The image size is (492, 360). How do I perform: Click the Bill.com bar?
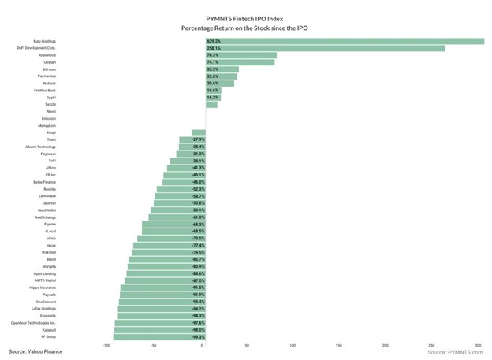222,70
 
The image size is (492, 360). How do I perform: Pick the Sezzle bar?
211,105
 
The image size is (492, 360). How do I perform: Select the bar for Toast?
192,139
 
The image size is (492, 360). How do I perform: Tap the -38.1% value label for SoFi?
198,161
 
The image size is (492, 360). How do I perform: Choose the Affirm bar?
186,168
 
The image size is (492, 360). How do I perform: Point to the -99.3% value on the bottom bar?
198,337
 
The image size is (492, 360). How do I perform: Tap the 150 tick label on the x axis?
339,345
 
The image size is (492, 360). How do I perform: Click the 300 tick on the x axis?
478,345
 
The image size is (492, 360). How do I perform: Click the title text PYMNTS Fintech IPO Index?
245,17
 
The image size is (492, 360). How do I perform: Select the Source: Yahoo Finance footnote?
36,351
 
